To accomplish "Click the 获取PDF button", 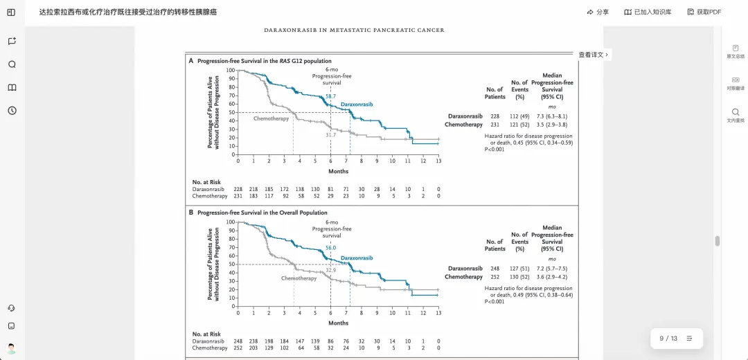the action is click(704, 12).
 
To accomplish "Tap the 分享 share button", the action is click(598, 12).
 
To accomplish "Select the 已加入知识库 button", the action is click(648, 12).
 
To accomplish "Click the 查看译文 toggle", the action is click(594, 55).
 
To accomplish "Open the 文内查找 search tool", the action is click(735, 116).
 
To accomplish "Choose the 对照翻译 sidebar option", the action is click(735, 84).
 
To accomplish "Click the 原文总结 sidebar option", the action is click(735, 51).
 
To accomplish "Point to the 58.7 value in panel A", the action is click(331, 96).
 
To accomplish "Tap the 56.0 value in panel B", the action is click(331, 248).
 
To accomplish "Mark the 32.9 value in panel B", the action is click(331, 270).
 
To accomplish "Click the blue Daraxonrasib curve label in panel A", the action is click(357, 104).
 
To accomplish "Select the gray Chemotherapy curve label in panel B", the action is click(299, 278).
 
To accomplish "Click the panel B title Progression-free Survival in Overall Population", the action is click(262, 213).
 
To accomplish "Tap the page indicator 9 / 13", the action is click(668, 339).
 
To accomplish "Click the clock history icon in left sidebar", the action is click(12, 111).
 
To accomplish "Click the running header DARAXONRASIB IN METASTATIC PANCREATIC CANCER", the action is click(355, 30).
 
